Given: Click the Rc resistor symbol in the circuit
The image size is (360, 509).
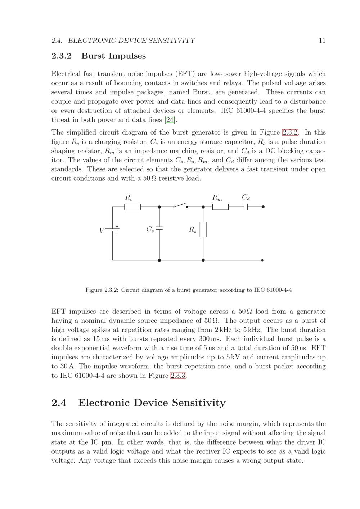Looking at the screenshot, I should (132, 207).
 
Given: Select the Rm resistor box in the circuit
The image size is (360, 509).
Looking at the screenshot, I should (220, 207).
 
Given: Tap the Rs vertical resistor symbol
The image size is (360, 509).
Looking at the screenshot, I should (203, 229).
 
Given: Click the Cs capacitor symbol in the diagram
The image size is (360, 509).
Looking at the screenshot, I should (159, 229).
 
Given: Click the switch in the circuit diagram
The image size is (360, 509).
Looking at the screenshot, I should (180, 206).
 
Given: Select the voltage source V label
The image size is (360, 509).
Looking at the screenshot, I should (102, 230).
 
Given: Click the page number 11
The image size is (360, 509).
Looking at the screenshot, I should (322, 41).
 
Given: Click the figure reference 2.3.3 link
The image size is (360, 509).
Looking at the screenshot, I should (178, 376).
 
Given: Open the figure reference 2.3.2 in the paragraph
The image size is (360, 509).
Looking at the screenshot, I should (290, 132).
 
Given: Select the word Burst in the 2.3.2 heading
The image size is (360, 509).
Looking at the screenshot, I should (94, 56).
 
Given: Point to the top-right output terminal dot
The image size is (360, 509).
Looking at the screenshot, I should (263, 207).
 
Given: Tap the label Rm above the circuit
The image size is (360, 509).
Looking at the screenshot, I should (217, 197).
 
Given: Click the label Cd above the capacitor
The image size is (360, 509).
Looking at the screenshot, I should (246, 197).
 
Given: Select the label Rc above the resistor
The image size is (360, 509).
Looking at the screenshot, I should (129, 197).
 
